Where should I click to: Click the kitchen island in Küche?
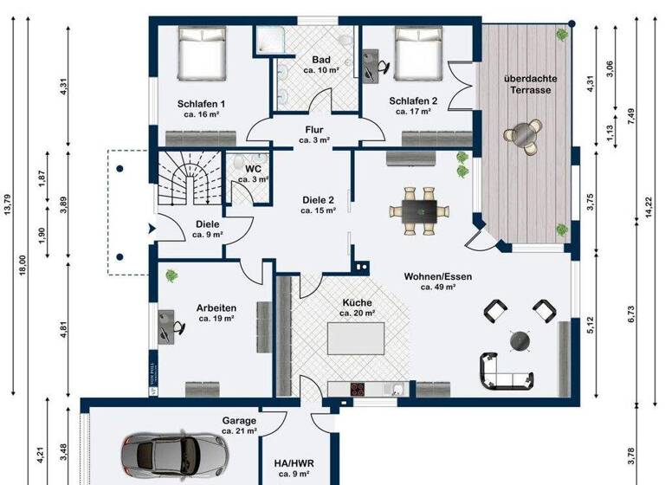pos(356,338)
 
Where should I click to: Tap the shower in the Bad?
pos(268,42)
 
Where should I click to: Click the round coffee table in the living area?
pos(520,340)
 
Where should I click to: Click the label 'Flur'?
pos(313,129)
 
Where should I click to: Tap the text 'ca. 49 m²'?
pos(438,288)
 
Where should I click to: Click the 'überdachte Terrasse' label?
pos(530,84)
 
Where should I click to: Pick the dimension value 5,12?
pos(591,326)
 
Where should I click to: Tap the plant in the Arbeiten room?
pos(171,275)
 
